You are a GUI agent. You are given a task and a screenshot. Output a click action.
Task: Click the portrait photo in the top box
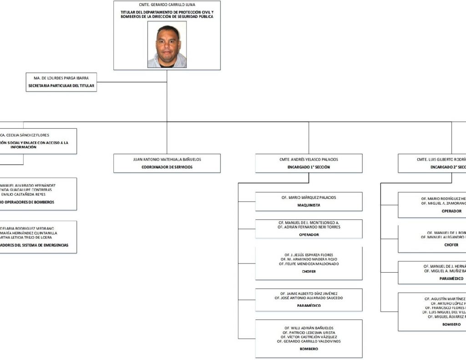click(x=167, y=45)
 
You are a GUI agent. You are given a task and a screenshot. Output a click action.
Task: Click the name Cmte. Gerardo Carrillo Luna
click(x=167, y=5)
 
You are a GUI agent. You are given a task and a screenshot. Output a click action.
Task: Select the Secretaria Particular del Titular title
click(x=61, y=86)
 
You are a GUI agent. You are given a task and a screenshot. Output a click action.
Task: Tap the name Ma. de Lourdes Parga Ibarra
click(x=61, y=78)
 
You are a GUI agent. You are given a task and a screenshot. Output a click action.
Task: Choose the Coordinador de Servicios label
click(x=167, y=167)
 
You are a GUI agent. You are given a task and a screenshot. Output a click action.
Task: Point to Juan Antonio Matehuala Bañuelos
click(x=167, y=159)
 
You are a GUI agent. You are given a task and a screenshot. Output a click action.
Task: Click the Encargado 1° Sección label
click(x=309, y=167)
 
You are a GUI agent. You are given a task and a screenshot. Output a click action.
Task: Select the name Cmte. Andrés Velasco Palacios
click(x=309, y=159)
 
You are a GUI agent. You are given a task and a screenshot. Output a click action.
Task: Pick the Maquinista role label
click(x=309, y=205)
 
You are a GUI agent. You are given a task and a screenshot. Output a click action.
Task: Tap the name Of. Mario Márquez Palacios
click(x=309, y=198)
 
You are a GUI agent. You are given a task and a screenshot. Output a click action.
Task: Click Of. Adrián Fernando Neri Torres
click(x=309, y=227)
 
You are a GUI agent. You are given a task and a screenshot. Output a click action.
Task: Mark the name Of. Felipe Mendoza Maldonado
click(x=309, y=264)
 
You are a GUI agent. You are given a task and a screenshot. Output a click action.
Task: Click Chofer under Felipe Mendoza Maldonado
click(x=309, y=272)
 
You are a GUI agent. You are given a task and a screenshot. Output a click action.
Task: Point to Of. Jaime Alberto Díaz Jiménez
click(x=309, y=293)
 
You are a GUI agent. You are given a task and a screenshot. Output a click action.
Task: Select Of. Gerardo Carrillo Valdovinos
click(x=309, y=341)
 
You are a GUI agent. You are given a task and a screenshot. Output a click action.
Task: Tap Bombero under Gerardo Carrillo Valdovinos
click(x=309, y=349)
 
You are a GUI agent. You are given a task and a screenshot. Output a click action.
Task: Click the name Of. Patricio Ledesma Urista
click(x=309, y=332)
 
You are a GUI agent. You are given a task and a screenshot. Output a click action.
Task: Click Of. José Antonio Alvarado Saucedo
click(x=309, y=298)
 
